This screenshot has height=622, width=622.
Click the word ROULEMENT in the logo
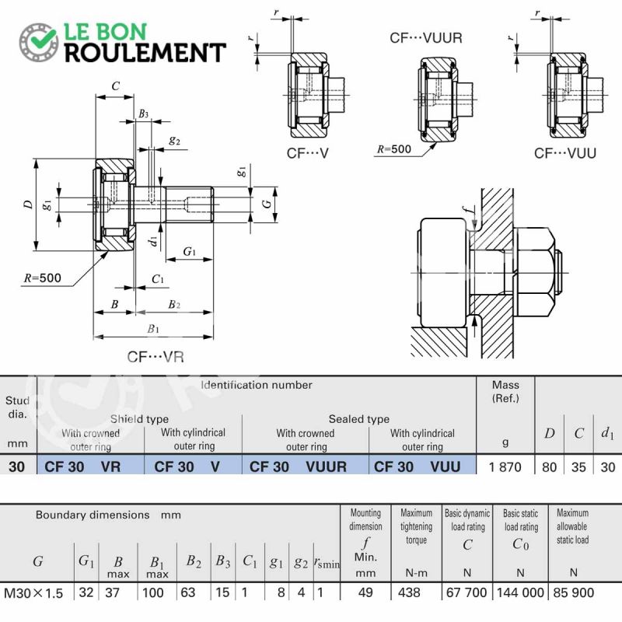point(145,53)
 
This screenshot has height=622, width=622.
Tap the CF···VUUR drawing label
point(425,38)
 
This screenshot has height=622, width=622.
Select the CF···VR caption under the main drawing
point(155,357)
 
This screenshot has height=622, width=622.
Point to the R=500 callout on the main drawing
point(43,278)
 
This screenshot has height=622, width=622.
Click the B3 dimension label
point(143,114)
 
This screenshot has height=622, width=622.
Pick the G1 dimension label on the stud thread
point(190,251)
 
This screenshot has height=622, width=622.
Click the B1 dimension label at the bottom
point(153,329)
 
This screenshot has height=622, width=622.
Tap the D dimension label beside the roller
point(28,204)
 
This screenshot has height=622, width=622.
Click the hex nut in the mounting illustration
point(535,273)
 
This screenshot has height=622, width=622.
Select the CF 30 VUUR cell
point(298,467)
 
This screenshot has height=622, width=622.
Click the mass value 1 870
point(505,467)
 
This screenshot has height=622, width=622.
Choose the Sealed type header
point(359,419)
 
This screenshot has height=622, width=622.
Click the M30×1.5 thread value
point(33,593)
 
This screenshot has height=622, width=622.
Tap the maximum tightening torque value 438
point(409,592)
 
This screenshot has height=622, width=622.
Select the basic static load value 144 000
point(520,592)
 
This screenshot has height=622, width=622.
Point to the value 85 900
point(573,592)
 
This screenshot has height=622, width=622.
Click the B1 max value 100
point(152,592)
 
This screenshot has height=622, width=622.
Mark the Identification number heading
point(257,385)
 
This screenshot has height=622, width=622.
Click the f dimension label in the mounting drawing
point(470,209)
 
